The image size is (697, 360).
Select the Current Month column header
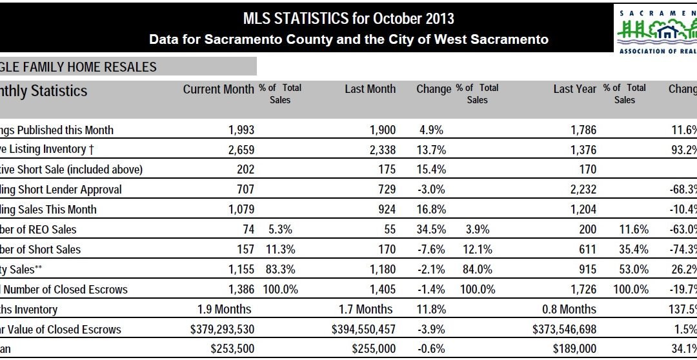tap(218, 89)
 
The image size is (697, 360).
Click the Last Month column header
tap(370, 89)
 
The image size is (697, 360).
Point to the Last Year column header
tap(574, 89)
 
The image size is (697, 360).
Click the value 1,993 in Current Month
tap(241, 130)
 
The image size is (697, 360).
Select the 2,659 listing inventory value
tap(241, 150)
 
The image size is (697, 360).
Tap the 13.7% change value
tap(431, 150)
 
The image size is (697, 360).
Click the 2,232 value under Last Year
tap(582, 190)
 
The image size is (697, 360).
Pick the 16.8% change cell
tap(431, 210)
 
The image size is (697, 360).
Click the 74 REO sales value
tap(248, 230)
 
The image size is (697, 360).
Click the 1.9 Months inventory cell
tap(227, 310)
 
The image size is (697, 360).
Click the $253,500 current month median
tap(231, 350)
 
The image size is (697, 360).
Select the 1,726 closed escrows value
tap(582, 290)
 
